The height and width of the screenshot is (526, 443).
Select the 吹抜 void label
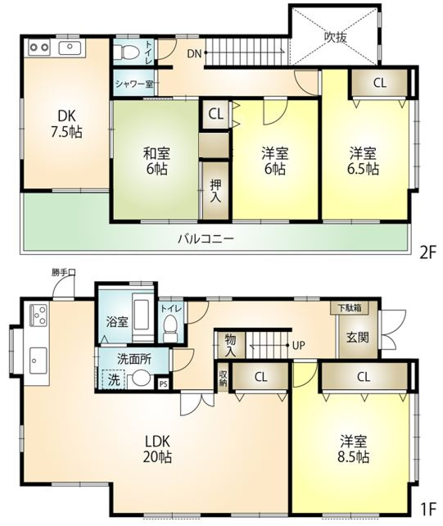coord(335,36)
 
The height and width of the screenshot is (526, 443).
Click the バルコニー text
coord(207,239)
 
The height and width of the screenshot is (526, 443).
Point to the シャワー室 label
coord(135,84)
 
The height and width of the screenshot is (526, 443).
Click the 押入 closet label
coord(215,191)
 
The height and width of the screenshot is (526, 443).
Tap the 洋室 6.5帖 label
coord(363,161)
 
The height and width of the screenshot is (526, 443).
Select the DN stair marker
coord(193,55)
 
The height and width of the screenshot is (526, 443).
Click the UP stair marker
coord(299,345)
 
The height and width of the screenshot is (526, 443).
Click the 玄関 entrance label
coord(357,337)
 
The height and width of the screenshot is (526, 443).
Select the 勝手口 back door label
coord(62,273)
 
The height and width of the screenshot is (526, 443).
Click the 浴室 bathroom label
coord(115,322)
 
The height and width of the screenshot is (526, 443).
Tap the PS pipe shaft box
coord(163,383)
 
